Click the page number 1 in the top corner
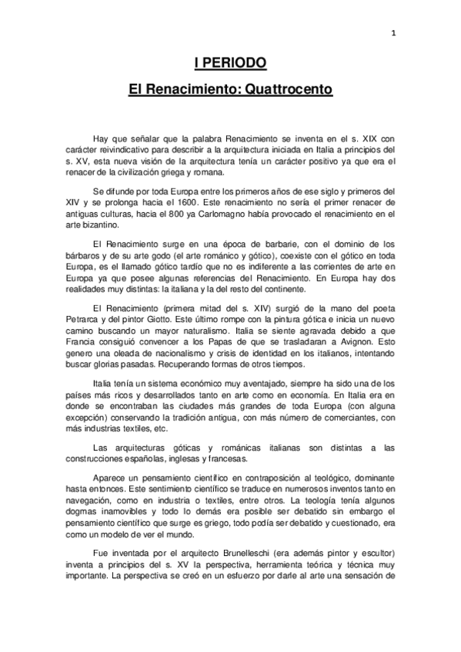(393, 33)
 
